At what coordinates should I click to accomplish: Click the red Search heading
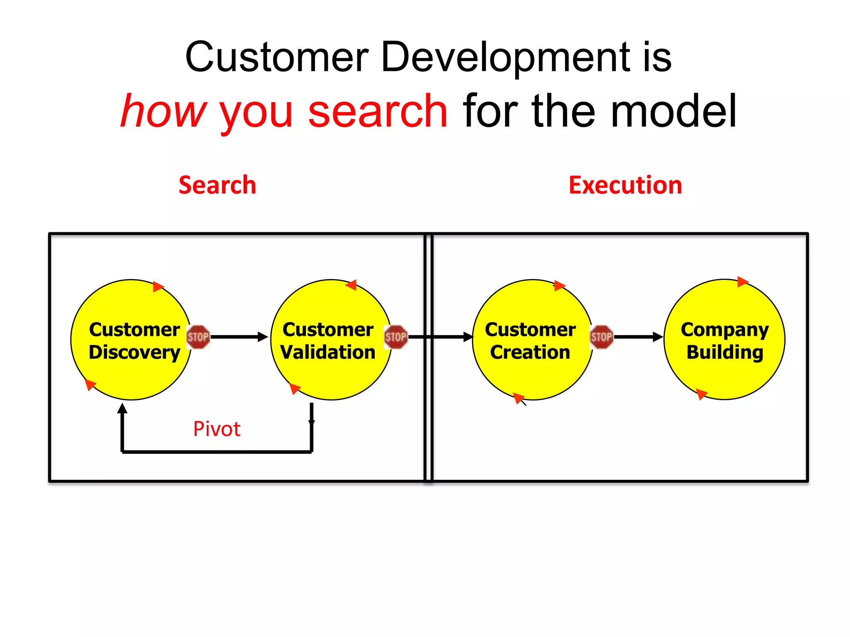click(217, 185)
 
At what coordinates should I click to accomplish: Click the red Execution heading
click(625, 185)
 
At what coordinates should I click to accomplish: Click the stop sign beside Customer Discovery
click(198, 337)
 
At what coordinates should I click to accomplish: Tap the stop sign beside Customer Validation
click(396, 337)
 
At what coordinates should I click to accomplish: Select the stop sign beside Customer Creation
click(601, 337)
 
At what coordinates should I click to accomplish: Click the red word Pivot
click(217, 429)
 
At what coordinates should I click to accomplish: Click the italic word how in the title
click(164, 111)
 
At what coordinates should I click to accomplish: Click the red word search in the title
click(378, 111)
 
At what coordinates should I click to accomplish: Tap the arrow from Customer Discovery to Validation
click(239, 337)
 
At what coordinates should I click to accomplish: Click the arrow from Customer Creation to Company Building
click(638, 337)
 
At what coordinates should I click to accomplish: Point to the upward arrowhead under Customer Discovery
click(122, 409)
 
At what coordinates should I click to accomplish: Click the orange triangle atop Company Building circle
click(742, 282)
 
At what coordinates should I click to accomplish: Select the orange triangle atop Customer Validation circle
click(352, 285)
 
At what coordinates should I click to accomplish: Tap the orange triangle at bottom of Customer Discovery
click(90, 384)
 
